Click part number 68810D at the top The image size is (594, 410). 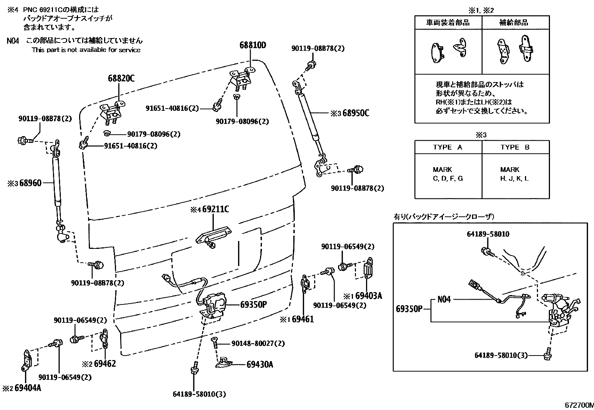[x=253, y=46]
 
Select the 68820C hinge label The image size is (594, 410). [x=121, y=78]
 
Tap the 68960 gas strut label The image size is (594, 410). [x=31, y=183]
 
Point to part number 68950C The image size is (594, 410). [x=356, y=113]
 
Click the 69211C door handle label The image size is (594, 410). [x=216, y=209]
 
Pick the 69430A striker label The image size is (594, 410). [x=260, y=364]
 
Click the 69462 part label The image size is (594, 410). [x=105, y=363]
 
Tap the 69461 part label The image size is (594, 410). [x=303, y=319]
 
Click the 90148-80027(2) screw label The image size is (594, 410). [x=258, y=343]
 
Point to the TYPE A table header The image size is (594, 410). [x=448, y=147]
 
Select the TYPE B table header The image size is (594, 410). [x=515, y=147]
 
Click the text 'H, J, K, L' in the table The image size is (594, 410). [x=514, y=178]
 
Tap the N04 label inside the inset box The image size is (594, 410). [x=444, y=300]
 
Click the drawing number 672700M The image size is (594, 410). [x=578, y=405]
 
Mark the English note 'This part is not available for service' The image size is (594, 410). [x=86, y=50]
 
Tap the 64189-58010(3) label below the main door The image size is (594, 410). [x=199, y=394]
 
